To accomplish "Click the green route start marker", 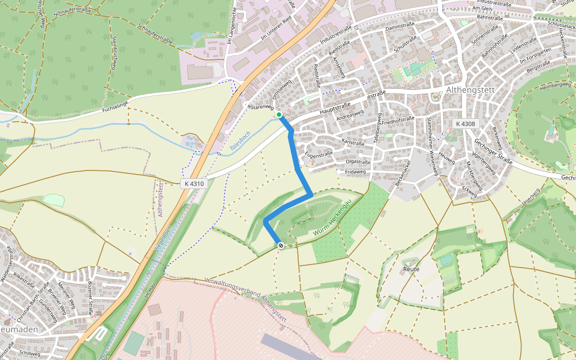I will click(x=279, y=114).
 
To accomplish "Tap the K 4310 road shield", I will click(x=194, y=183).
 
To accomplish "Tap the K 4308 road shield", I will click(x=465, y=124).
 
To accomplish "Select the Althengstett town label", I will click(x=470, y=90).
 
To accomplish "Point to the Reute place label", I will click(x=412, y=269).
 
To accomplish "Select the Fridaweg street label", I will click(x=355, y=172).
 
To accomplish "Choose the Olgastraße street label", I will click(x=358, y=162).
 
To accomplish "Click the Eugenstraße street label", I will click(x=319, y=154).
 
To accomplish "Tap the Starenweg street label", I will click(x=262, y=106).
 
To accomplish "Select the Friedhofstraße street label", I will click(x=398, y=120).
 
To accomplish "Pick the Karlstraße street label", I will click(x=352, y=143).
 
